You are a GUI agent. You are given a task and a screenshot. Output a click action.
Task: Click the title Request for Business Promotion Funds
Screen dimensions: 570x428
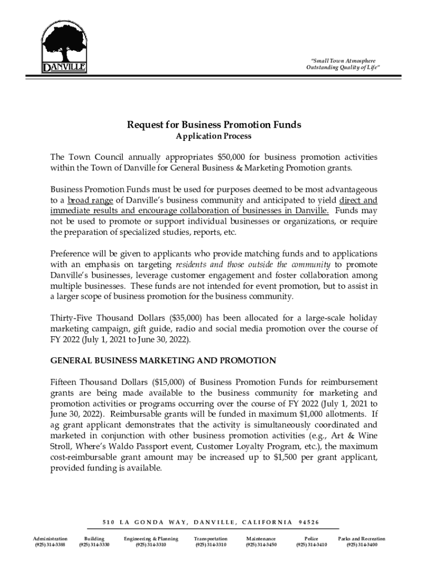tap(214, 125)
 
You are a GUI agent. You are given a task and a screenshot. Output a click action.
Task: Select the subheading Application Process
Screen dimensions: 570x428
tap(214, 136)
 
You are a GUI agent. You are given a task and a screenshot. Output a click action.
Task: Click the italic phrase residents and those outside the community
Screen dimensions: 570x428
tap(253, 264)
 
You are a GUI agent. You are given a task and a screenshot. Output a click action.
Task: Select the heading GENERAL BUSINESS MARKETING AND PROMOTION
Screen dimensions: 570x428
tap(163, 360)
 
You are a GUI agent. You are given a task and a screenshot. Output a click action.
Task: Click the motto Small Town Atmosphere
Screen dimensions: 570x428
tap(343, 60)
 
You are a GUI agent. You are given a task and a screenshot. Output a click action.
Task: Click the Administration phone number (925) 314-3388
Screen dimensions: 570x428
tap(50, 545)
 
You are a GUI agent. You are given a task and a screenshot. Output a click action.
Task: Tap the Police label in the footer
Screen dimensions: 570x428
tap(311, 539)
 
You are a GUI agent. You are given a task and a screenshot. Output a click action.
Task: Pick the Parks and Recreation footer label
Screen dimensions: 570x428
tap(361, 539)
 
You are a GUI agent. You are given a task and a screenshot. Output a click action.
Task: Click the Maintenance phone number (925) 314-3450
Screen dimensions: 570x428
tap(261, 545)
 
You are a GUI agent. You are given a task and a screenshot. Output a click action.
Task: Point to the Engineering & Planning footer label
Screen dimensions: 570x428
tap(151, 539)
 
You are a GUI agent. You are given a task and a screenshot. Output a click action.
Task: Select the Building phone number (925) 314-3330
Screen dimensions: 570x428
tap(94, 545)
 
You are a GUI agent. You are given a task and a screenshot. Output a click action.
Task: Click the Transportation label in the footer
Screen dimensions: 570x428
tap(210, 539)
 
